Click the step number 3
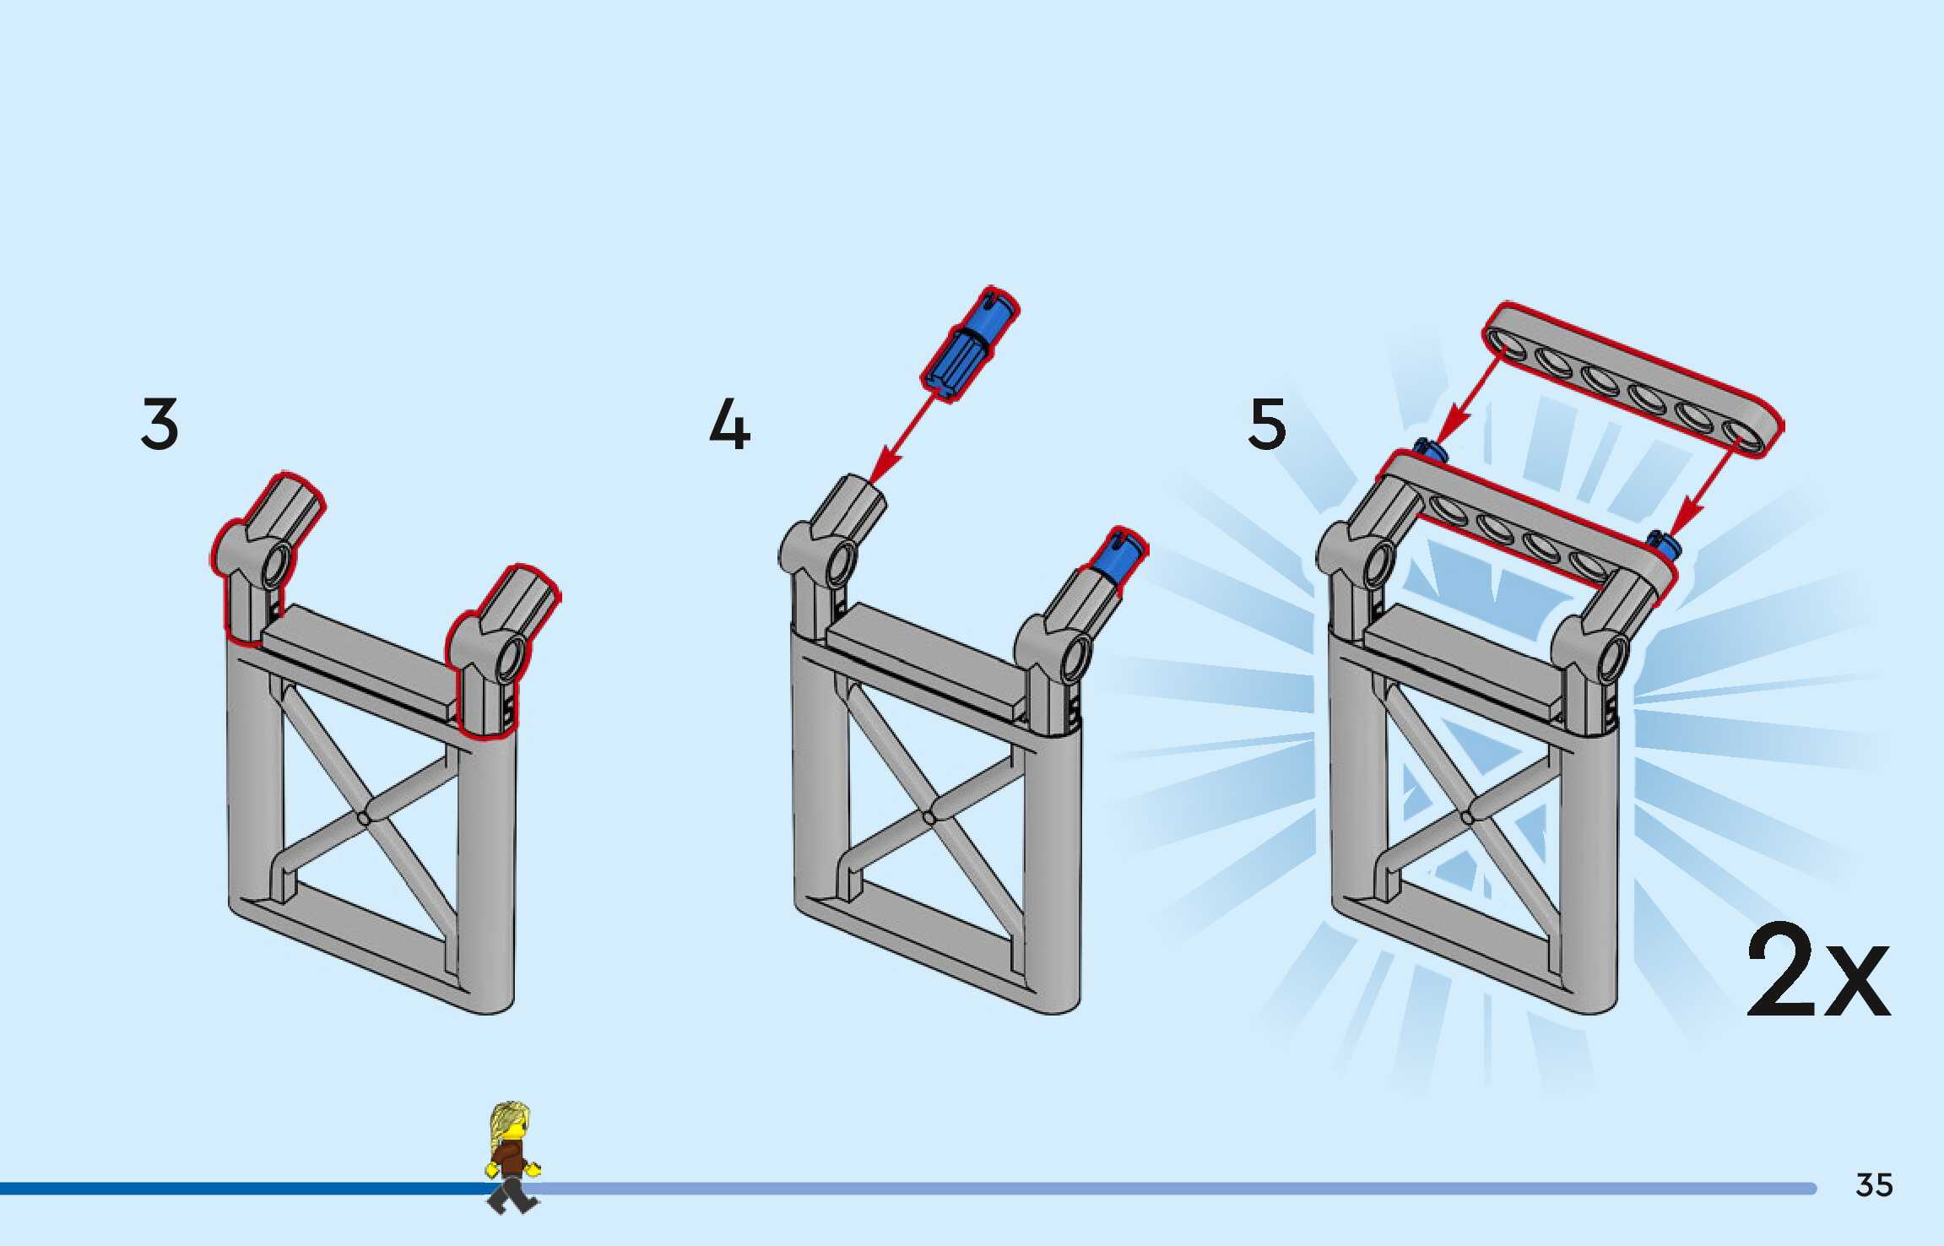pos(160,424)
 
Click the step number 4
pos(729,425)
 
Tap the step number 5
pos(1267,424)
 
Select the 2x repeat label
pos(1817,973)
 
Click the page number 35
pos(1874,1186)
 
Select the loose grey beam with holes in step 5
pos(1633,379)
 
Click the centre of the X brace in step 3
pos(365,817)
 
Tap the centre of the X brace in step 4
pos(930,817)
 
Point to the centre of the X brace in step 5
pos(1467,817)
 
